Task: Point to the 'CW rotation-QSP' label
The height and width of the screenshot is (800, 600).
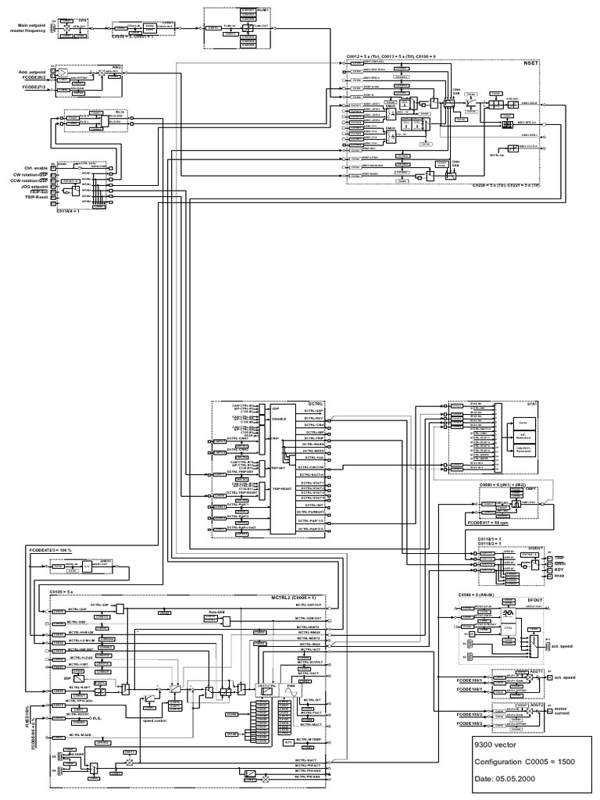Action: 34,174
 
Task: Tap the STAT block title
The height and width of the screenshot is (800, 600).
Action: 534,404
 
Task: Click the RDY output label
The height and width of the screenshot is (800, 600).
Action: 559,570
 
